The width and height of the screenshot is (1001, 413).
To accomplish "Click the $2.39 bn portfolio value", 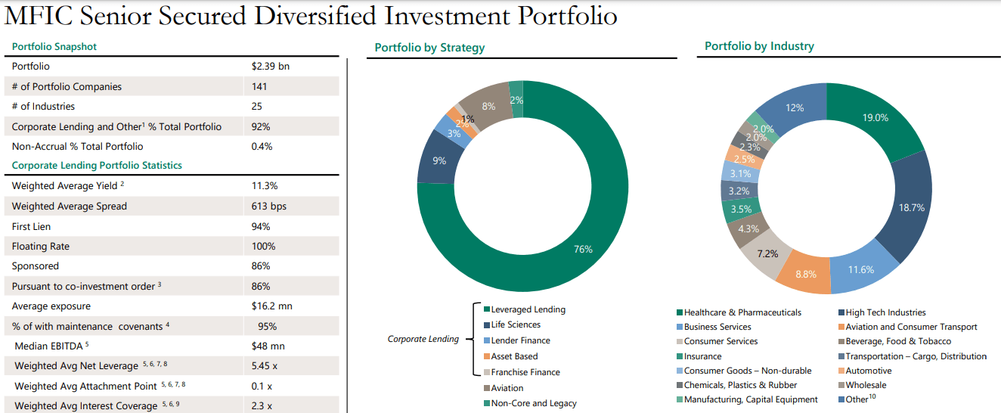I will click(270, 67).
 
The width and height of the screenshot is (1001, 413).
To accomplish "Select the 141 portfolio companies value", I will click(259, 86).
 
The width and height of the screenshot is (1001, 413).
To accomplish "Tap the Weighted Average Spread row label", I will click(70, 206).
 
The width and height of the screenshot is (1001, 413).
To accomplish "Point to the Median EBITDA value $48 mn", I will click(268, 346).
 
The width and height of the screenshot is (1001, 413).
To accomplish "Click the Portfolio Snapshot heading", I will click(54, 47).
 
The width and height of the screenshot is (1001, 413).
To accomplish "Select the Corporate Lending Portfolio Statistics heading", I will click(97, 165).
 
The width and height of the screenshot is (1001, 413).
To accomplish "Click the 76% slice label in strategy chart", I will click(583, 249).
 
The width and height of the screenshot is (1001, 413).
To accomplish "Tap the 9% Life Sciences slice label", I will click(439, 160).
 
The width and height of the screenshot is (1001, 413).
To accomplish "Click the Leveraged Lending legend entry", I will click(528, 309).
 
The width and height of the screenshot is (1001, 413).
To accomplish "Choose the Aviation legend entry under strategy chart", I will click(507, 388).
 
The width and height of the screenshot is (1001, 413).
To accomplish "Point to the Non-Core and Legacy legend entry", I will click(534, 403).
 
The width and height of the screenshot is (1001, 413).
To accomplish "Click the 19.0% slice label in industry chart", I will click(875, 117).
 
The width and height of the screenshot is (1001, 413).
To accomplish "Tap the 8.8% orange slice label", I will click(806, 274).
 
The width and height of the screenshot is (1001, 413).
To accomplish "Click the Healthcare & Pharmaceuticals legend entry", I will click(742, 312).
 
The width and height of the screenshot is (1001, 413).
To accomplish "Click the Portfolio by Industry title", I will click(759, 46).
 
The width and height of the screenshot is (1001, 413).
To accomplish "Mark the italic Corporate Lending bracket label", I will click(423, 339).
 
